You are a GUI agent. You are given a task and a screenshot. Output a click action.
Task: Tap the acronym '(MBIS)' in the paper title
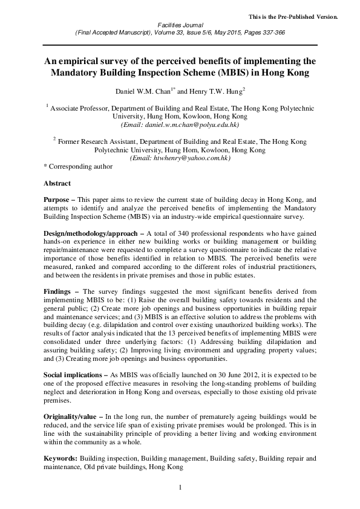point(213,73)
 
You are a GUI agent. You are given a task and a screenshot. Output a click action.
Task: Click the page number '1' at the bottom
point(180,487)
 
